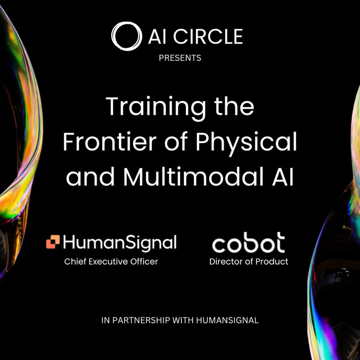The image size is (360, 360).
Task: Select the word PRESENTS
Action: point(180,58)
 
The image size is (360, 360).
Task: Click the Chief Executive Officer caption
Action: point(111,261)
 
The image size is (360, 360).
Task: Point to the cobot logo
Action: point(248,243)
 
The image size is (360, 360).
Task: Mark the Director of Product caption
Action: point(248,261)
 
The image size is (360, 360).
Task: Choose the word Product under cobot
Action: point(273,261)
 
